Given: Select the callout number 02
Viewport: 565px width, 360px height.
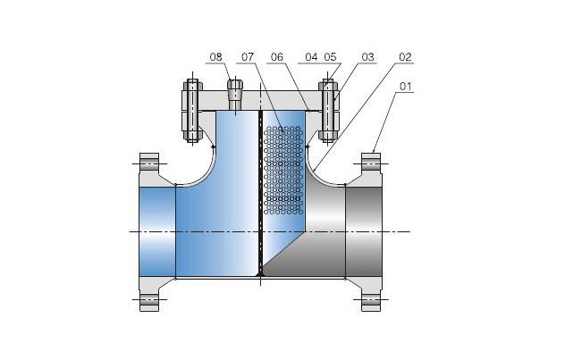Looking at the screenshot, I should [405, 58].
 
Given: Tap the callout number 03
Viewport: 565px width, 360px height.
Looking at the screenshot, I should [367, 58].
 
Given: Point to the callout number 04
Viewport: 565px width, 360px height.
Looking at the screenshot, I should [311, 58].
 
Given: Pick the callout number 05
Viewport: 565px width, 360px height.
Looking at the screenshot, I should [332, 58].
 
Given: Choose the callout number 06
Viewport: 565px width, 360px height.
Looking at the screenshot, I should [276, 58].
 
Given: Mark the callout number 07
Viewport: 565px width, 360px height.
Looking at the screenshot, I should [247, 58].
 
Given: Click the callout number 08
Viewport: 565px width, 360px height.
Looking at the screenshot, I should [215, 58].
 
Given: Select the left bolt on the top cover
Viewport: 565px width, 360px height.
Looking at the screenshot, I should [192, 112].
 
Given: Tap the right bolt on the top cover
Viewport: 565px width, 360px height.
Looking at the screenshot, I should [326, 112].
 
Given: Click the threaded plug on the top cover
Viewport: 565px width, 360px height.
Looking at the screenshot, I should [234, 93].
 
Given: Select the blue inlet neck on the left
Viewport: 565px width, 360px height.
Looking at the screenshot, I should [157, 230].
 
